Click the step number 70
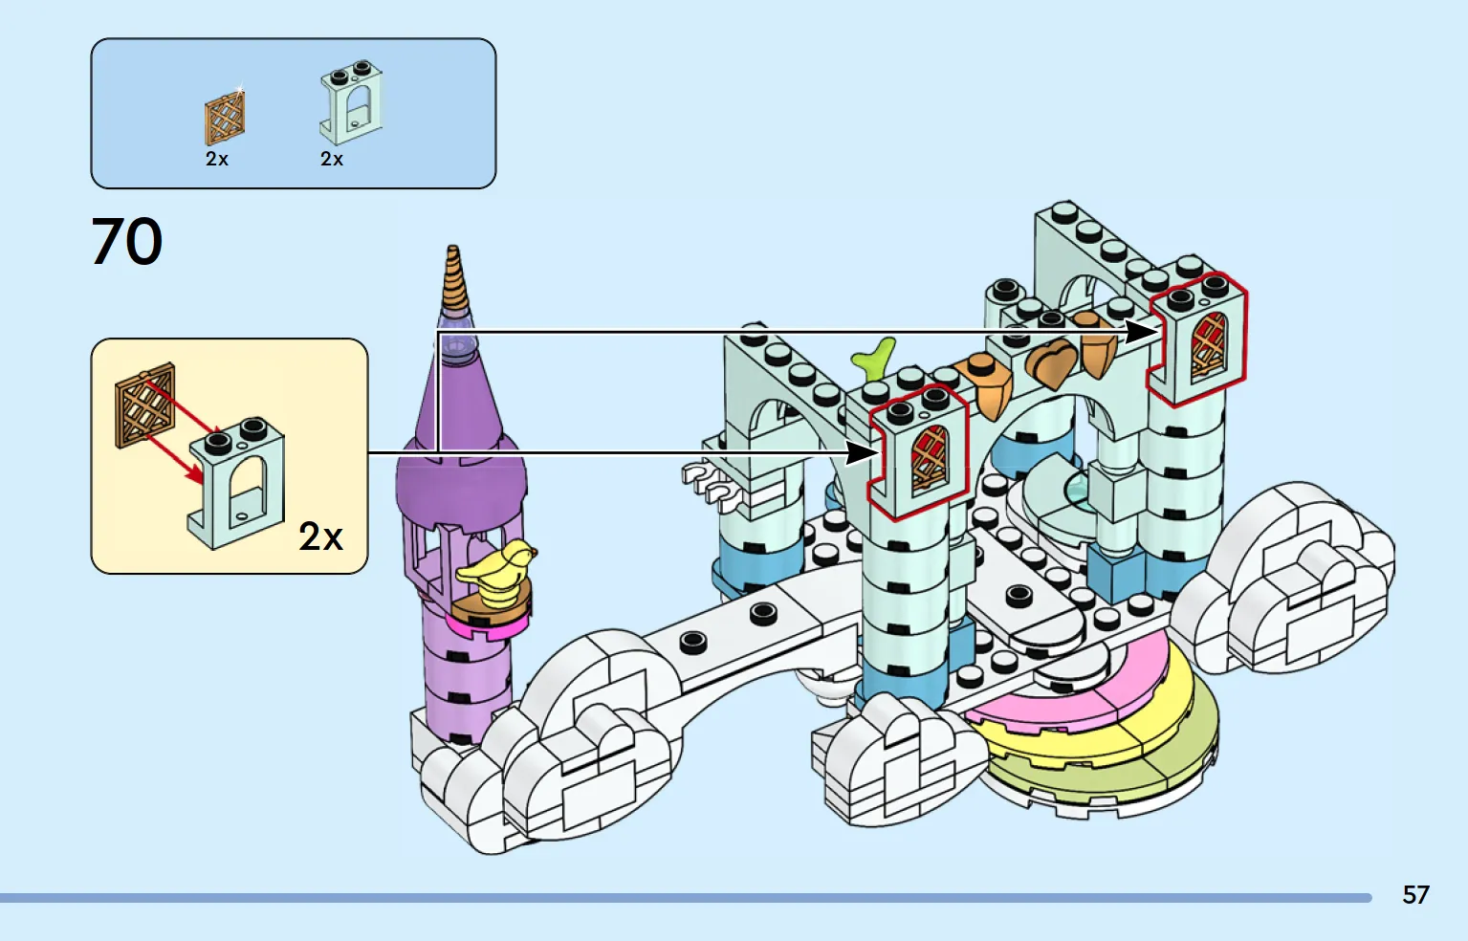tap(127, 241)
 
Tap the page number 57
tap(1415, 895)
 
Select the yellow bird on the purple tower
tap(497, 571)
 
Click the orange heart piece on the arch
tap(1051, 362)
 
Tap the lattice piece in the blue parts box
tap(225, 120)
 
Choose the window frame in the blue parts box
tap(351, 103)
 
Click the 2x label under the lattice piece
tap(217, 160)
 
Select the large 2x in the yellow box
tap(320, 536)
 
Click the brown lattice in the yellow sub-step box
tap(145, 406)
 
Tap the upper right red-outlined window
tap(1198, 339)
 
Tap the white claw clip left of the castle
tap(709, 480)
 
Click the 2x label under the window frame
tap(332, 160)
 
